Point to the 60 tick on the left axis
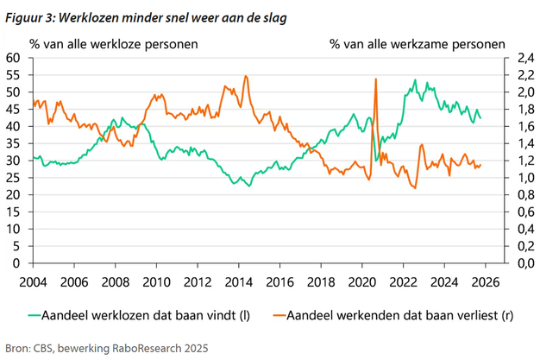pos(13,58)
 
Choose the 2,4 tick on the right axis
pos(515,58)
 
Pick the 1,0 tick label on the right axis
pos(515,178)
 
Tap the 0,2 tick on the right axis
pos(515,246)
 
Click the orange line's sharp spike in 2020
pos(376,79)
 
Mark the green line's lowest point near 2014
pos(249,186)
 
